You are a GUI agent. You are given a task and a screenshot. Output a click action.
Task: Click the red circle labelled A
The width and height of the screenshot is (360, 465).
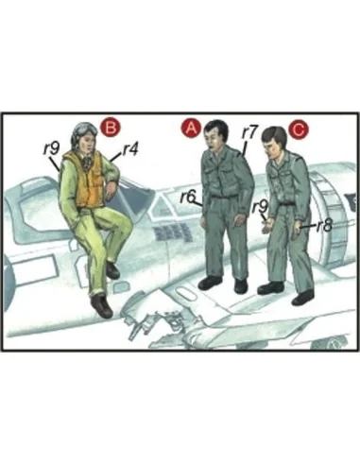point(191,129)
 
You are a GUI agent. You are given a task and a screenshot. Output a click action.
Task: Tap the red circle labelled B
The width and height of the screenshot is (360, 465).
point(111,128)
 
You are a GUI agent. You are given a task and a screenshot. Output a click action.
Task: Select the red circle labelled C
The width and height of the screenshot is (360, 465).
point(299,129)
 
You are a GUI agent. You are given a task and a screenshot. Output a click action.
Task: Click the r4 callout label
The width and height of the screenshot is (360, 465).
point(130,150)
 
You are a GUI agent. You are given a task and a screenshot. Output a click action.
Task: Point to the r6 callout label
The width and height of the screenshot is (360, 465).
point(188,197)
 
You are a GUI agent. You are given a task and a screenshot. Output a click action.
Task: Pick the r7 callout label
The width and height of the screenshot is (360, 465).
point(249,132)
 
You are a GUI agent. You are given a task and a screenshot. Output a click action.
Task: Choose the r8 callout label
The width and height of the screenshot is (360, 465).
point(324,225)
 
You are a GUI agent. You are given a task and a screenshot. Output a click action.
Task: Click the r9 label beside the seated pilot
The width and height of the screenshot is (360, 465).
point(51,147)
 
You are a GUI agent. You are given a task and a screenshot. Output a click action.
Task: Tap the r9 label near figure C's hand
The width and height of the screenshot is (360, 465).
point(260,206)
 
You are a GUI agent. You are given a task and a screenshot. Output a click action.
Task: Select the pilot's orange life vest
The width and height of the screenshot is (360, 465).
point(85,179)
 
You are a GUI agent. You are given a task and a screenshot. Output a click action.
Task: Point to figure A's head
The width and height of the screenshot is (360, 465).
point(215,135)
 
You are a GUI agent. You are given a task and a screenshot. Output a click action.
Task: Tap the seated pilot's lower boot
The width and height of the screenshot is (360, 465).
point(101,305)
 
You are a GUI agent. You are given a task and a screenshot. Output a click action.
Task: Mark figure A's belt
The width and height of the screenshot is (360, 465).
point(223,197)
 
